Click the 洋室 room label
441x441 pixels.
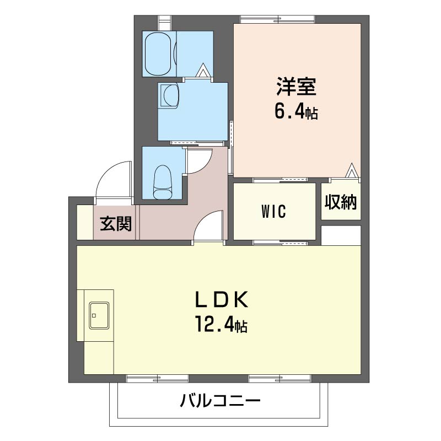(x=296, y=87)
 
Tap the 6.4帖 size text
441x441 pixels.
(x=296, y=112)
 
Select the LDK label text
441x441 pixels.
(x=222, y=299)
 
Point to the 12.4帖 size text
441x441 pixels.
(x=222, y=324)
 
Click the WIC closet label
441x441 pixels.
(x=273, y=212)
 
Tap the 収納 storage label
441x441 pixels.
(x=341, y=202)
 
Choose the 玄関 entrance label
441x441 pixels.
(x=116, y=224)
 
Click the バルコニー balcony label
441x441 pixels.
(x=220, y=401)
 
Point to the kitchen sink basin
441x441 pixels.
(x=99, y=315)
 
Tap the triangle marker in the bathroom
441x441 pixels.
(x=203, y=71)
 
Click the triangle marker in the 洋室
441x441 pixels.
(x=351, y=170)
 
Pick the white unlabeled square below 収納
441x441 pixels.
(x=341, y=235)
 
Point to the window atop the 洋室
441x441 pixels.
(x=277, y=19)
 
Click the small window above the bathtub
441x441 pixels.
(x=164, y=23)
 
